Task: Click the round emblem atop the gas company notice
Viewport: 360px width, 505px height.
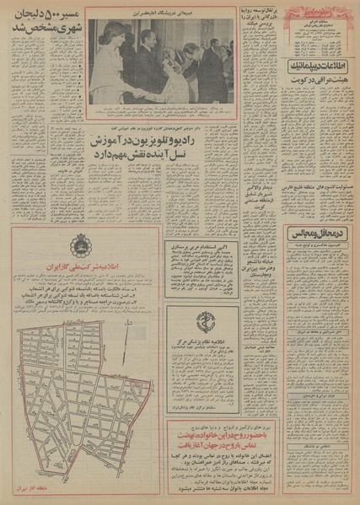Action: pyautogui.click(x=81, y=243)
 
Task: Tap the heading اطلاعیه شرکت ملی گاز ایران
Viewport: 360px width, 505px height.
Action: pyautogui.click(x=80, y=263)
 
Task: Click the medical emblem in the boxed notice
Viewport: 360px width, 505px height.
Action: pyautogui.click(x=203, y=322)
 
